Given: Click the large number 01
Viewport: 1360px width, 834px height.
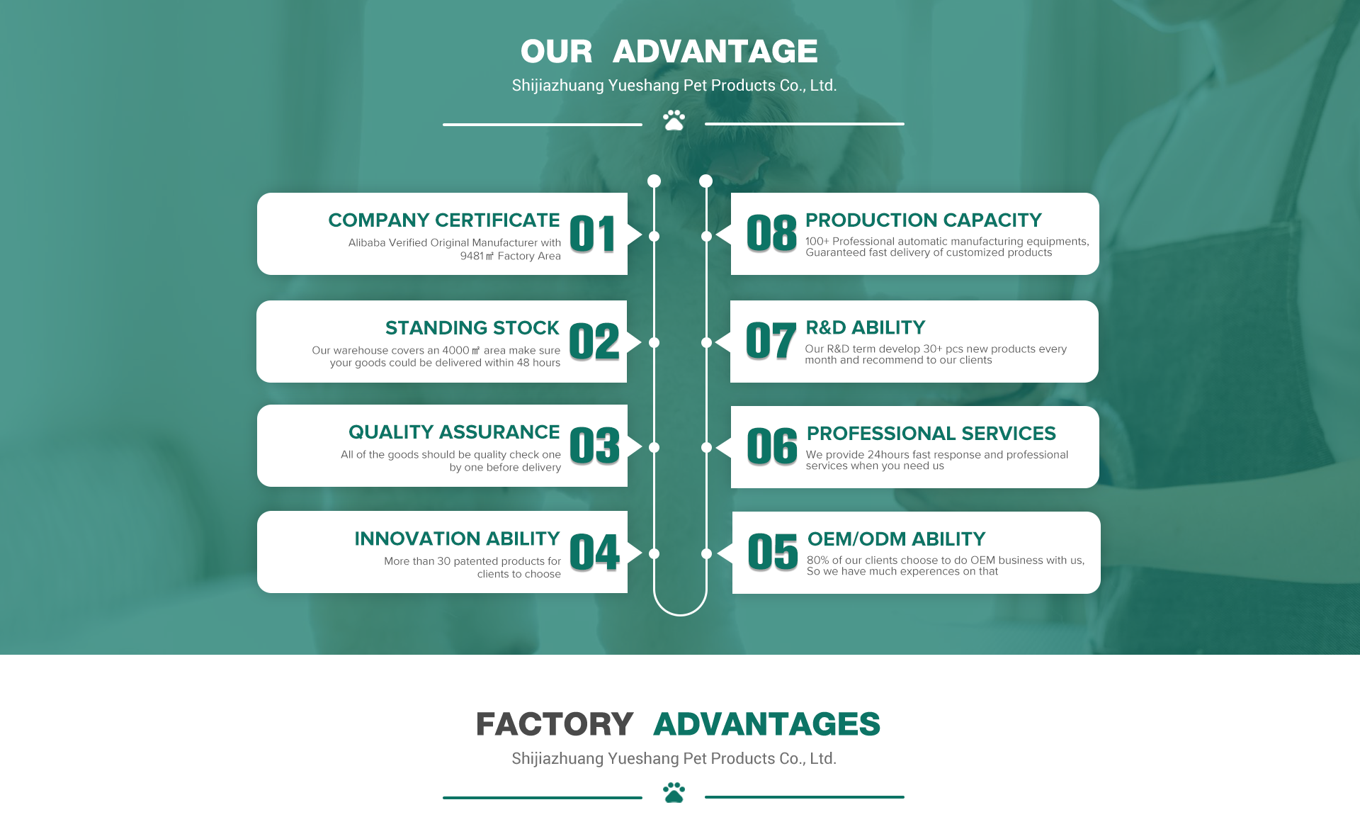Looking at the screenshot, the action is point(593,235).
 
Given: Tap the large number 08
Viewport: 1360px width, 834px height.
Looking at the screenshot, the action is point(771,233).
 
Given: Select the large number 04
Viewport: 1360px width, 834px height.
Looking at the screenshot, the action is point(595,553).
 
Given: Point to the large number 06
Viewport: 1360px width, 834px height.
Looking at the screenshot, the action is point(772,446).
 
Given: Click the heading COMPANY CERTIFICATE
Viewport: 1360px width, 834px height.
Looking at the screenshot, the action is point(444,220).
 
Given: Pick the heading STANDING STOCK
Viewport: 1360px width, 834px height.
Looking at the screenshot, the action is point(472,328).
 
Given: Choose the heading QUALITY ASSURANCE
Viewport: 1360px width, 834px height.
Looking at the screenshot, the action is point(454,432).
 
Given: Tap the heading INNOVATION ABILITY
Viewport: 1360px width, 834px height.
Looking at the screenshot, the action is point(458,539).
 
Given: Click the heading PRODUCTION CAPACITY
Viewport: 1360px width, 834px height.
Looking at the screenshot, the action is point(924,220).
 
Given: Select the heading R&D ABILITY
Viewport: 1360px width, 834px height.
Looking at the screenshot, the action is point(866,328).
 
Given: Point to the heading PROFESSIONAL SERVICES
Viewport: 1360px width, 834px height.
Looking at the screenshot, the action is point(931,434).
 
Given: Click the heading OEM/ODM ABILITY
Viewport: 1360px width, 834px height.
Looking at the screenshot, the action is point(897,539).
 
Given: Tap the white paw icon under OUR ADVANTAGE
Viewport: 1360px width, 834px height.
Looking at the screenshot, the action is point(674,120).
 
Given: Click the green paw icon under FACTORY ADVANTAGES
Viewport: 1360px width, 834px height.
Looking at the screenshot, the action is point(674,793).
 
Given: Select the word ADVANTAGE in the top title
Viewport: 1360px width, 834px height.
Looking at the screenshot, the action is point(715,52).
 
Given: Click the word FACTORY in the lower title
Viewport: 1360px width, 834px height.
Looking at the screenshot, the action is point(555,724).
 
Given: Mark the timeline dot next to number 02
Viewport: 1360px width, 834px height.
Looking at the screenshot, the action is point(654,343).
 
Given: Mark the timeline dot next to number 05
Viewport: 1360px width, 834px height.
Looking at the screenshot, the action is point(706,554).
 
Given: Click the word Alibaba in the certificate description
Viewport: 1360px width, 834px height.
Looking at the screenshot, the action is point(367,243).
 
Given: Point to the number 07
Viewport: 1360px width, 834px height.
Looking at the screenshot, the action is point(771,341).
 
